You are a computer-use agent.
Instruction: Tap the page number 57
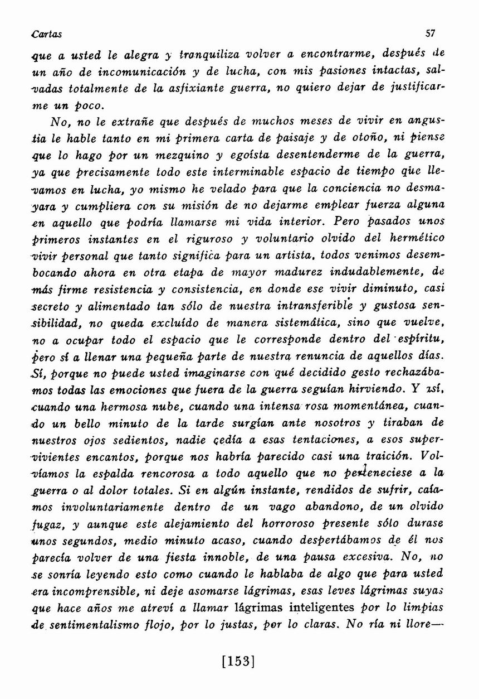tap(430, 33)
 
